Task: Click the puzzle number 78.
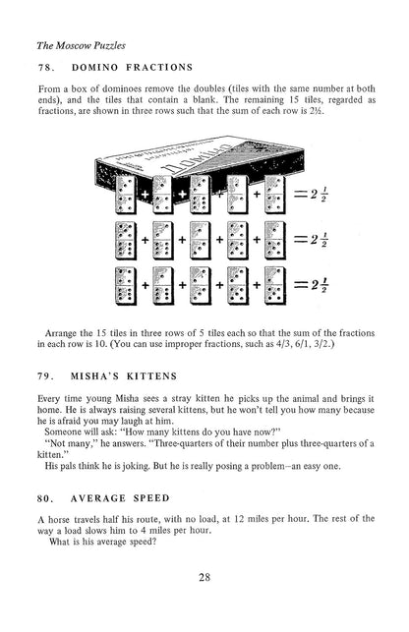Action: tap(43, 67)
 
